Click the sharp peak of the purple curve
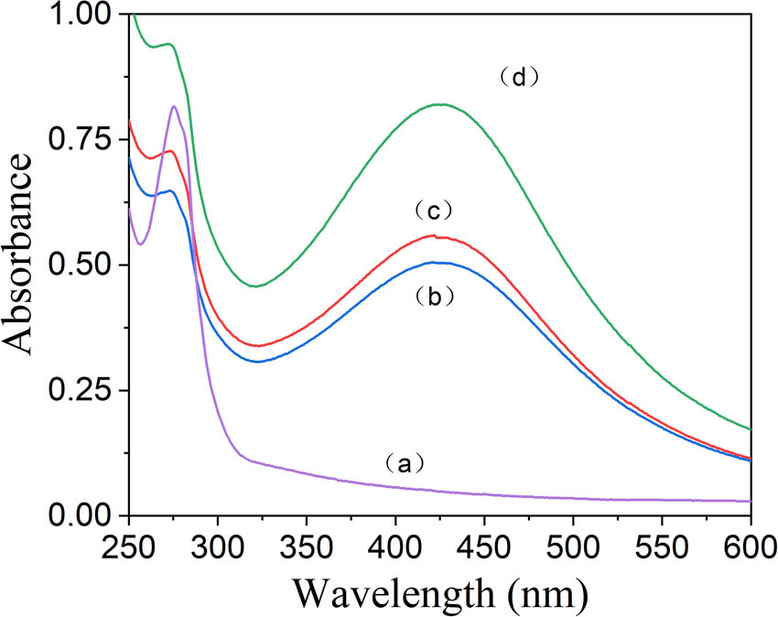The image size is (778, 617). click(174, 106)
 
